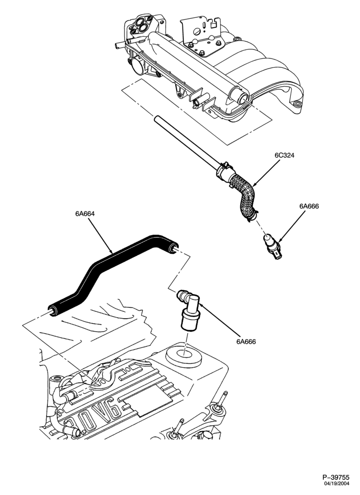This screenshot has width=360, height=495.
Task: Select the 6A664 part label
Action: point(85,213)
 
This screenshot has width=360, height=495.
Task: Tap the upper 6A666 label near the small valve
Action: point(309,206)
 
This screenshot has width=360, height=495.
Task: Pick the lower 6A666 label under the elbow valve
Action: point(246,341)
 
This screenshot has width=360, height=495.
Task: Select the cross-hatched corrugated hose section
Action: point(244,196)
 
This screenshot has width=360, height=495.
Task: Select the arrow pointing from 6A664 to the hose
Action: point(99,235)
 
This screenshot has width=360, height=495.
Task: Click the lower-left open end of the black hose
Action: point(52,311)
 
